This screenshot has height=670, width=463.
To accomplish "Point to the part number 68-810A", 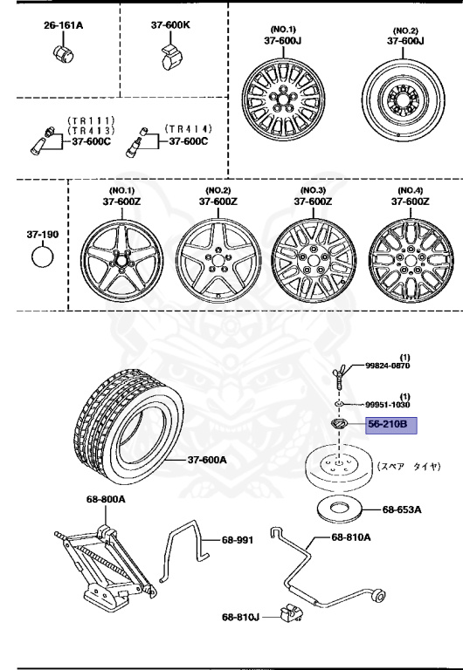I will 351,537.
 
